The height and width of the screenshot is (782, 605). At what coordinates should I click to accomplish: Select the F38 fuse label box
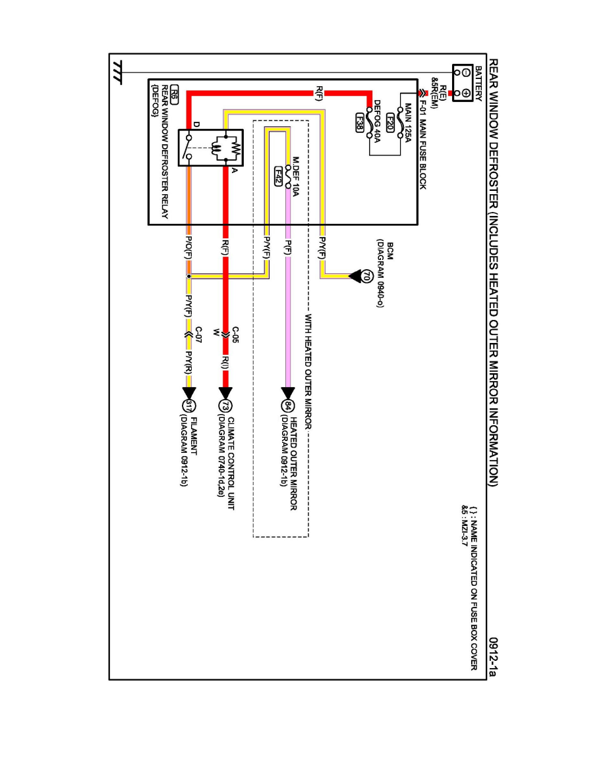point(359,123)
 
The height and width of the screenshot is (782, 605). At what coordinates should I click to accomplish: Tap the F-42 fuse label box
point(279,176)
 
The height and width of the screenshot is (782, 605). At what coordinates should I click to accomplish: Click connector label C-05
point(235,334)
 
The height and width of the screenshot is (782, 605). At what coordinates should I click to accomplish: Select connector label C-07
point(198,334)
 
